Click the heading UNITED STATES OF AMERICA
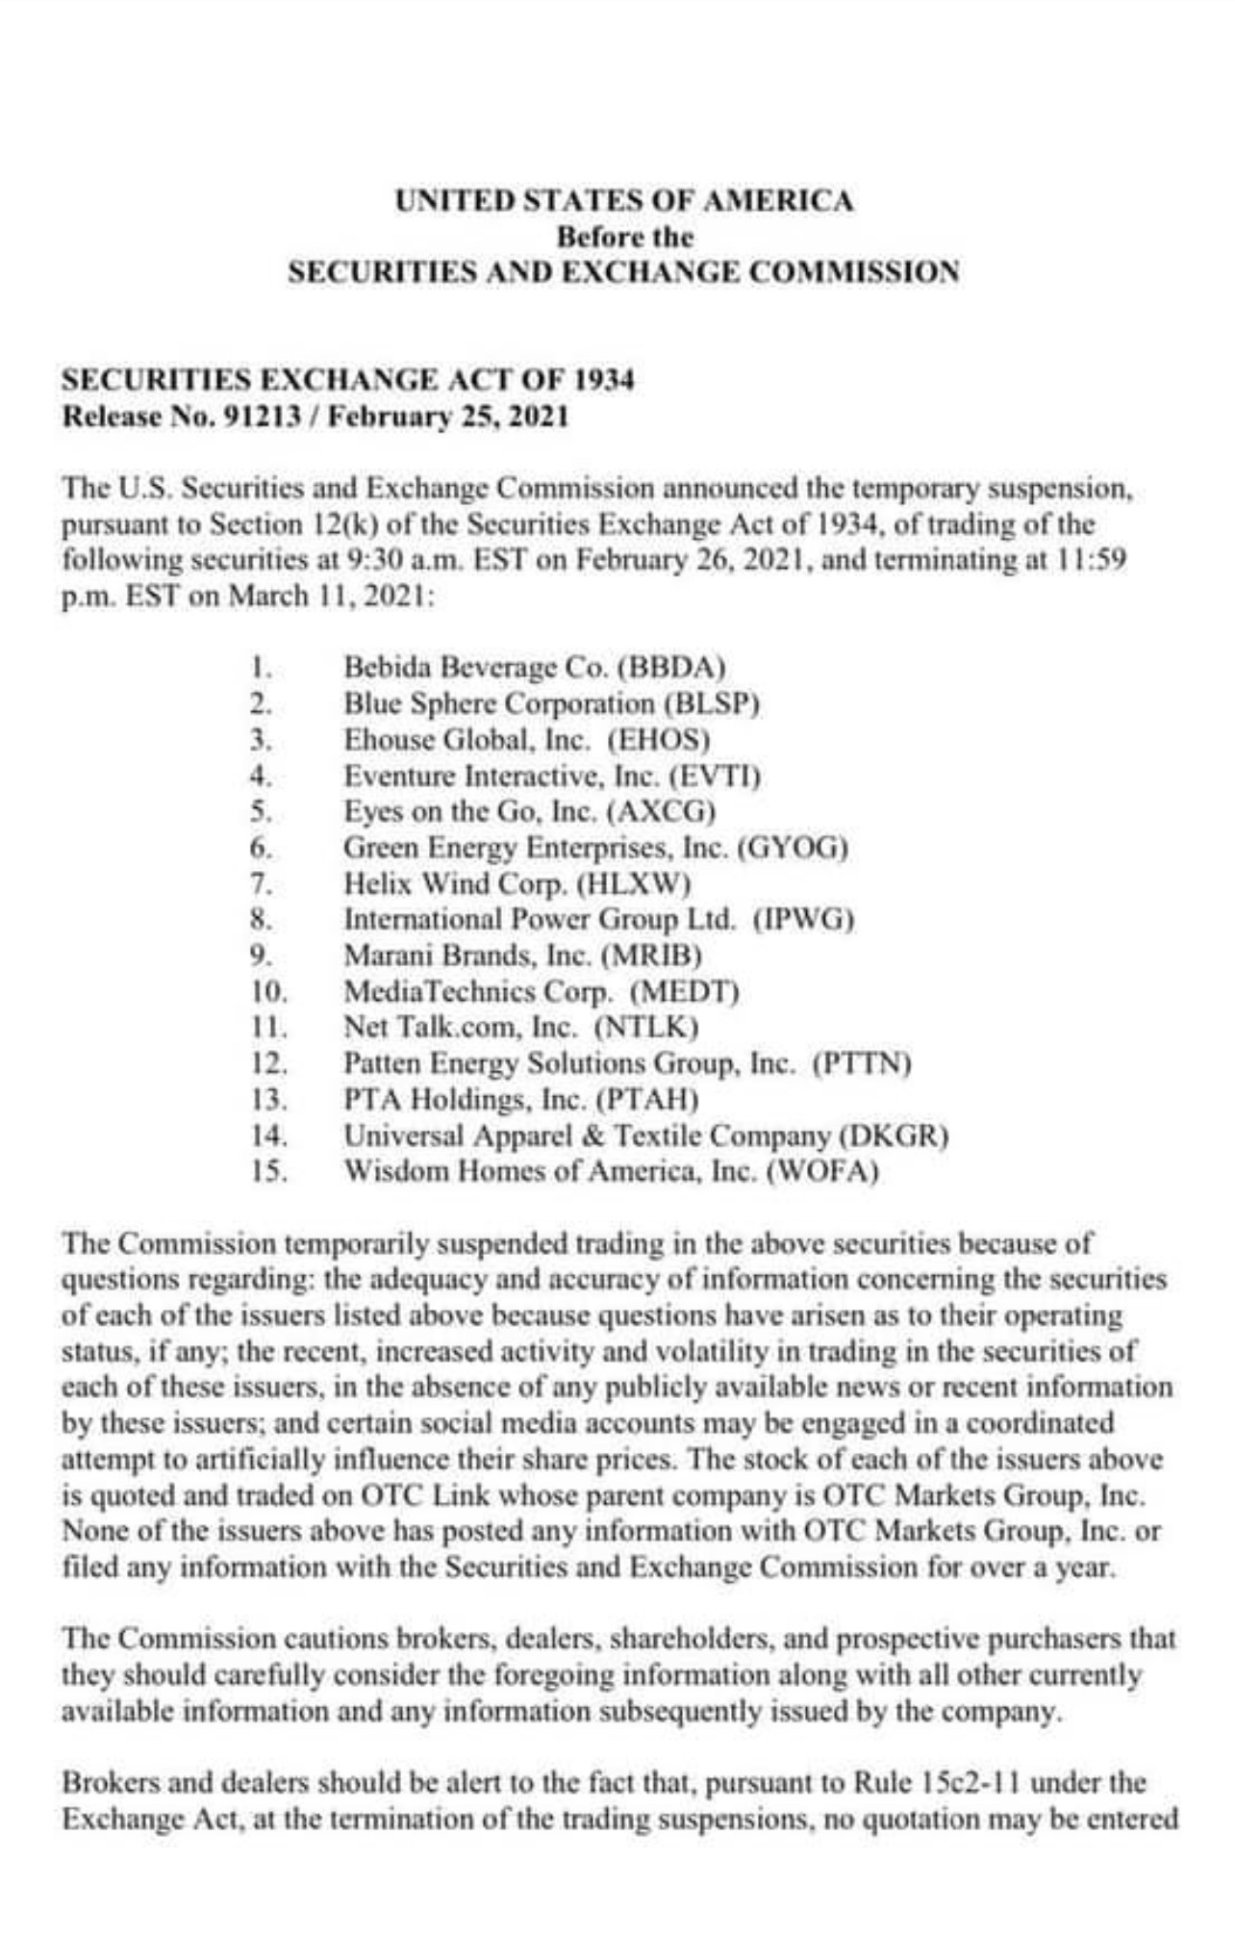624,201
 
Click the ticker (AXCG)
663,812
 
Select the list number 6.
257,849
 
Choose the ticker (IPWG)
805,920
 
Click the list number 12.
269,1063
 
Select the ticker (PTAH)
647,1099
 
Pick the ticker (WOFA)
822,1172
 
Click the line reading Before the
624,236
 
